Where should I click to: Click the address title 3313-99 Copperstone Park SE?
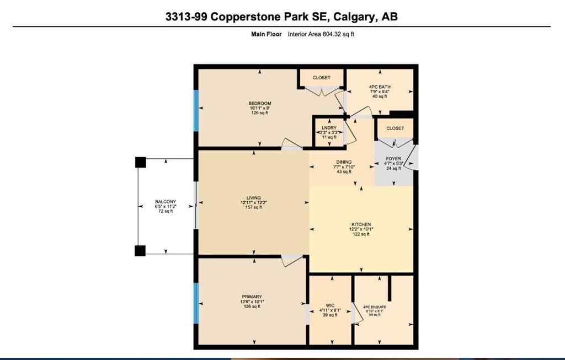click(x=281, y=17)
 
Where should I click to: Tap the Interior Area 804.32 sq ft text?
click(x=321, y=34)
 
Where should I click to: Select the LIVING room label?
click(x=253, y=198)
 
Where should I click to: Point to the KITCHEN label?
click(x=361, y=224)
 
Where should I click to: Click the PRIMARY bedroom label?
click(x=251, y=297)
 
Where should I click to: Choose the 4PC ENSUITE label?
click(x=375, y=306)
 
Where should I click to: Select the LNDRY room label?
click(x=329, y=128)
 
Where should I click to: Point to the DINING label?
click(x=344, y=162)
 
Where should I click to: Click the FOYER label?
click(x=394, y=158)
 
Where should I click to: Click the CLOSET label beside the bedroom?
click(x=322, y=78)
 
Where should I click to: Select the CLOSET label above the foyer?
click(x=395, y=128)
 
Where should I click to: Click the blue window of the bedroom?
click(x=195, y=110)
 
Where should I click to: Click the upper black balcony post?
click(x=140, y=162)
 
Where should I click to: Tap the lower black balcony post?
click(x=140, y=250)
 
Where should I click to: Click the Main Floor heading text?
click(x=266, y=34)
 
